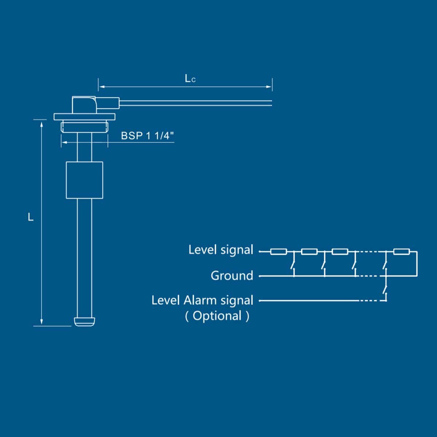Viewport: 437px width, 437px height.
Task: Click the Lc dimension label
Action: point(190,79)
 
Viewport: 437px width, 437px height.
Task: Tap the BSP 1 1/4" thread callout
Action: point(147,136)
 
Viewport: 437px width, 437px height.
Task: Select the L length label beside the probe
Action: point(30,217)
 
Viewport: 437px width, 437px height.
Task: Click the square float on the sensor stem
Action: point(84,180)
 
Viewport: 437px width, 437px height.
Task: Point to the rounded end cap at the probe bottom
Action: point(84,322)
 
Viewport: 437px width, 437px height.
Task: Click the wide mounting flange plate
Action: point(84,117)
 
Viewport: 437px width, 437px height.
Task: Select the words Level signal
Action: point(221,250)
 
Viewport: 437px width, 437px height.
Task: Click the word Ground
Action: point(232,276)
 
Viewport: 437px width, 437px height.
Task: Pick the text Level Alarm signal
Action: point(202,300)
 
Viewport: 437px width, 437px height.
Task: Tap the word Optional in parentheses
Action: point(217,316)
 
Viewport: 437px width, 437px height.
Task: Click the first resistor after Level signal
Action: point(279,252)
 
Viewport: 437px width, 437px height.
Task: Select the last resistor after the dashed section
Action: point(401,252)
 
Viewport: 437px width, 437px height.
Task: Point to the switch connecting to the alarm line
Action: point(385,290)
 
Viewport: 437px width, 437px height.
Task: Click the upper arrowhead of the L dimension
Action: point(42,124)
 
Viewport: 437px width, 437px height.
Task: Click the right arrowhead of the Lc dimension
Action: point(269,87)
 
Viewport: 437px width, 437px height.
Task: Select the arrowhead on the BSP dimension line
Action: point(64,142)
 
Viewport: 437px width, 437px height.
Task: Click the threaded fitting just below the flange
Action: point(84,126)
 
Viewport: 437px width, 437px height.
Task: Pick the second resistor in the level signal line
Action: point(309,252)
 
